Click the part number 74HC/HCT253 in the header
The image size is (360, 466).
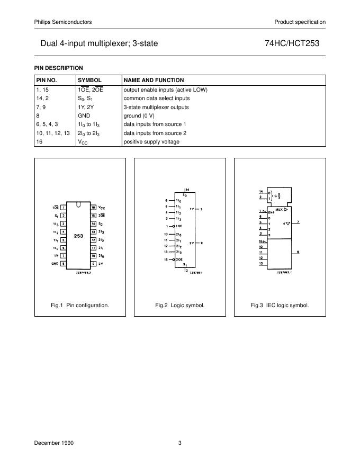292,44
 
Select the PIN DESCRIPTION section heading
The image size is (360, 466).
59,68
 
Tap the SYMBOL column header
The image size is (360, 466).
89,80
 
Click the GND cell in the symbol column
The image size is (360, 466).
84,115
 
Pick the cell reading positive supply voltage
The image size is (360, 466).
151,141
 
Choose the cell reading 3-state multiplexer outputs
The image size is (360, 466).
156,107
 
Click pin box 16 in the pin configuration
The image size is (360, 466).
93,207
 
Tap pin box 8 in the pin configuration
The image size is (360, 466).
63,264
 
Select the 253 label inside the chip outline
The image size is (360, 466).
78,235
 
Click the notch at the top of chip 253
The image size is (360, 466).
78,204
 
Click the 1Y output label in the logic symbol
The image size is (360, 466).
191,210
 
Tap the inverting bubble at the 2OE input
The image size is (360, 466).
174,260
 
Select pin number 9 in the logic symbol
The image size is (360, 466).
202,243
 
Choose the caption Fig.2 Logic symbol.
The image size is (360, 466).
179,306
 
